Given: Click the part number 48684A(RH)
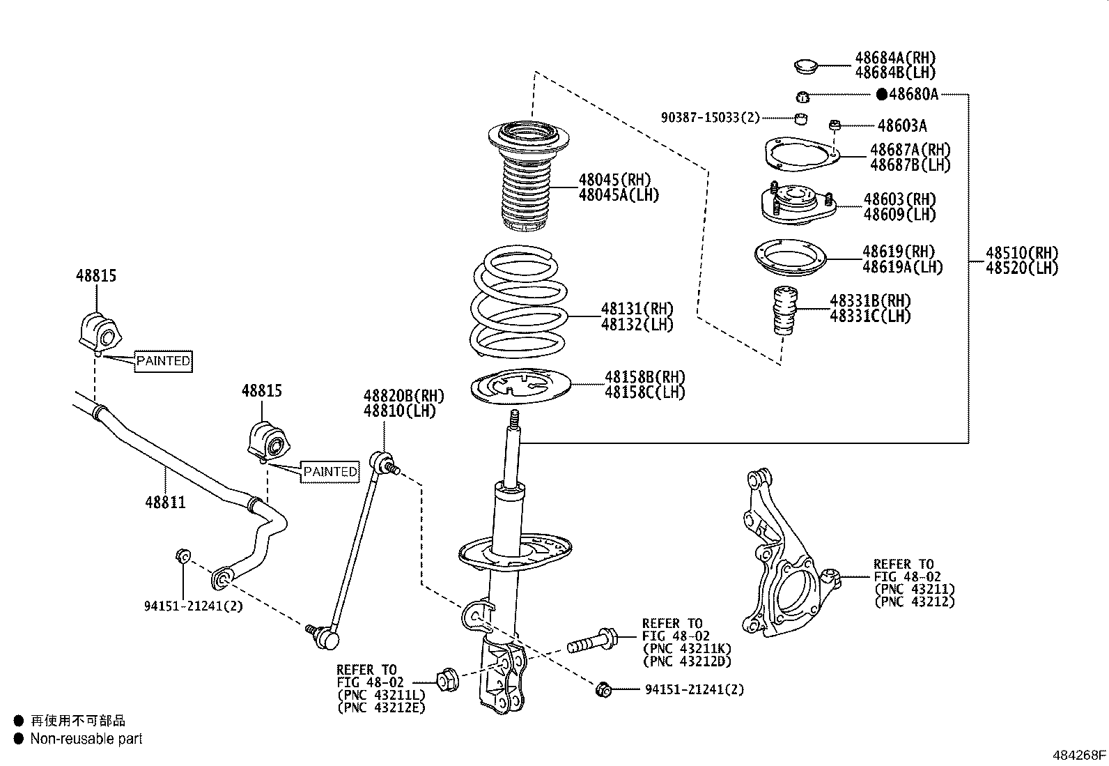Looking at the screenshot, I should [895, 58].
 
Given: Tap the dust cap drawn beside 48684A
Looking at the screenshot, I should [807, 68].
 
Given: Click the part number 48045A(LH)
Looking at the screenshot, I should [618, 195].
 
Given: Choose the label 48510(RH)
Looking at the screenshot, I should [1021, 253].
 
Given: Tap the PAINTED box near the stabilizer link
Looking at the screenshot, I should [330, 472].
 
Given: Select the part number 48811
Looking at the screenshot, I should [166, 502].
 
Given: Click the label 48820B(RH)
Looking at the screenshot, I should [403, 396].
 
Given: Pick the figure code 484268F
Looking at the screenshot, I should [1079, 755].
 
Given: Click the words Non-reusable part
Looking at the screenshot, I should [86, 739].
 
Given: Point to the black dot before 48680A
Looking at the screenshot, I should [881, 94].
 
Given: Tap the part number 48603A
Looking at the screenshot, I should [902, 126].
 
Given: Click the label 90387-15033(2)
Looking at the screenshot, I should [710, 118].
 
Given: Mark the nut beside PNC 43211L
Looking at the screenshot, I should [447, 678].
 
